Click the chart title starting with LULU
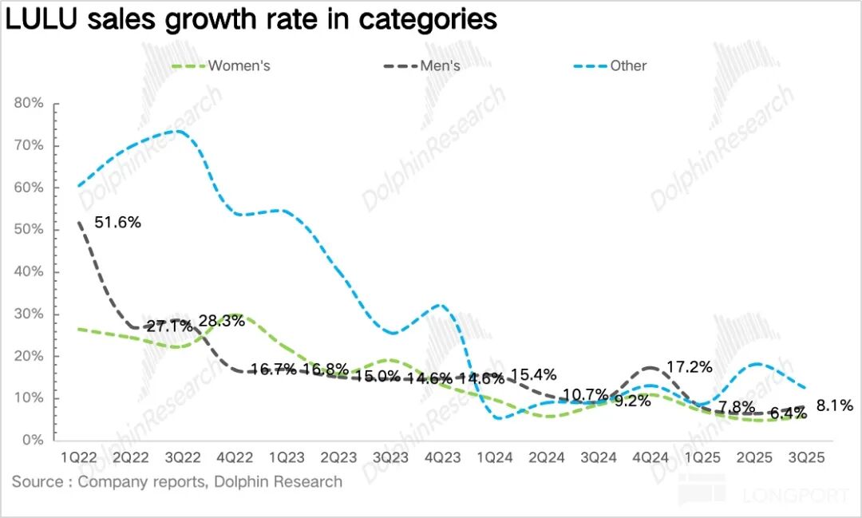(x=251, y=19)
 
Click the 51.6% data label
(x=117, y=223)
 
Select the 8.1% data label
(x=835, y=405)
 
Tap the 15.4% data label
(x=533, y=374)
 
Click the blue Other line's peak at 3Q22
(x=179, y=131)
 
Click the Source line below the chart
(x=176, y=481)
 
